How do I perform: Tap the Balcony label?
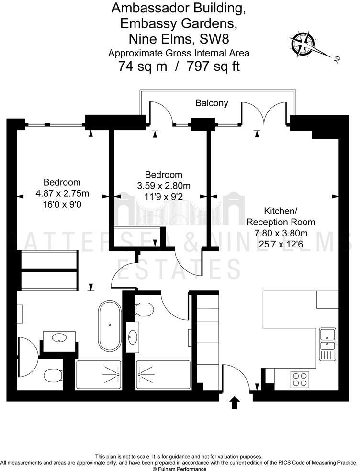211,103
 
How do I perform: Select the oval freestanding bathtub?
110,325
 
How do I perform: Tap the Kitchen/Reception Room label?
280,216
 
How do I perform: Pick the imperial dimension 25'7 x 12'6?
280,243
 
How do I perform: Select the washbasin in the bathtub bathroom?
60,337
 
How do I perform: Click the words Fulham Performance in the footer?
182,469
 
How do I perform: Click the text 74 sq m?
143,66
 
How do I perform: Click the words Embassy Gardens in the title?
160,23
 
